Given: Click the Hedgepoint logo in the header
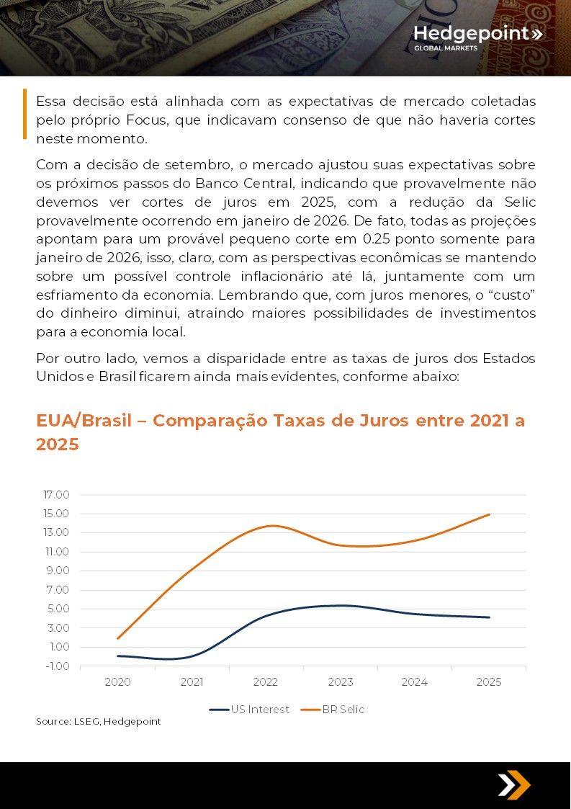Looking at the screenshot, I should click(477, 34).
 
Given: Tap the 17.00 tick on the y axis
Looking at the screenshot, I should click(56, 495).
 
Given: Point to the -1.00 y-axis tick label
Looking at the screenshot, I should click(57, 666).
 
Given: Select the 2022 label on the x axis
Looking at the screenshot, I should click(266, 682).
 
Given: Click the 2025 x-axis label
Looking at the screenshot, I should click(489, 682).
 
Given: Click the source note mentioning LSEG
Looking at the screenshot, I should click(99, 721).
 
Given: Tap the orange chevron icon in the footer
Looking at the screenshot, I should click(514, 785).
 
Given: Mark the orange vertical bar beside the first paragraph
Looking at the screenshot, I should click(24, 114).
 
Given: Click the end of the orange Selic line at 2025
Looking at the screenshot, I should click(490, 514).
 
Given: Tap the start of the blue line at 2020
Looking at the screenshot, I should click(117, 656).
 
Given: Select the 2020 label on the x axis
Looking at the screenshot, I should click(117, 682).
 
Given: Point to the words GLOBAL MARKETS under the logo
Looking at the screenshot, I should click(445, 48).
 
